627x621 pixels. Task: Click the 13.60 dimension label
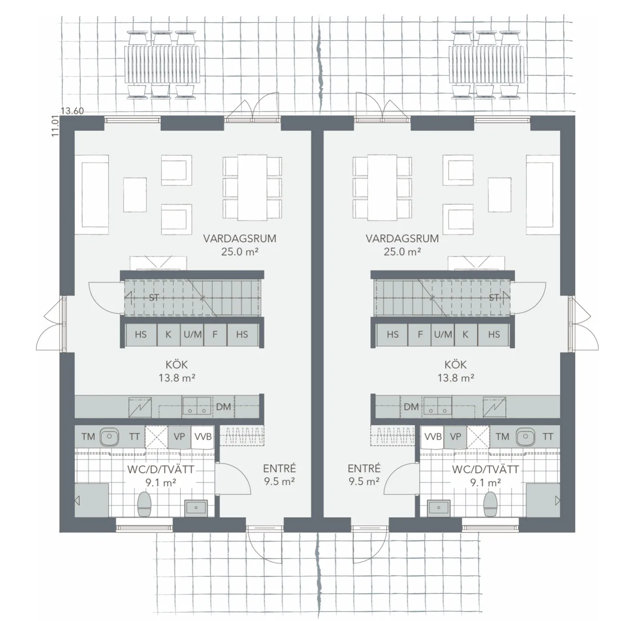click(x=72, y=111)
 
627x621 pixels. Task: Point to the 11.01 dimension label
click(x=55, y=126)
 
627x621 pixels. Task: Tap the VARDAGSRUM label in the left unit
click(x=240, y=238)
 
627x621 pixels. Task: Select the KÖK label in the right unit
click(x=456, y=364)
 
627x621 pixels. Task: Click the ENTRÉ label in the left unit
click(x=280, y=468)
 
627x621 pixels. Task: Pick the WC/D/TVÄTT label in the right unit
click(x=486, y=469)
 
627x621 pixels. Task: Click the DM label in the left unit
click(x=223, y=407)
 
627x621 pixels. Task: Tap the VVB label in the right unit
click(x=433, y=437)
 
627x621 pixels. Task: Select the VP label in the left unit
click(x=179, y=437)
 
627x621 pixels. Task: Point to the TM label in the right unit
click(x=503, y=437)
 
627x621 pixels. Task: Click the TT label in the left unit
click(x=134, y=437)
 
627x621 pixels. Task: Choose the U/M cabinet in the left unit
click(x=192, y=334)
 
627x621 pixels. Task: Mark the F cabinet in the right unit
click(x=420, y=334)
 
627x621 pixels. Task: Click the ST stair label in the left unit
click(x=154, y=297)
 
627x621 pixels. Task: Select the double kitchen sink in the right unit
click(x=438, y=406)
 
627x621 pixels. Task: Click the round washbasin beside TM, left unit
click(x=109, y=437)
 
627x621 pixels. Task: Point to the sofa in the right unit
click(x=543, y=194)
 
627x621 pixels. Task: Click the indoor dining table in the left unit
click(x=253, y=188)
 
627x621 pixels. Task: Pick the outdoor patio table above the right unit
click(x=486, y=64)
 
